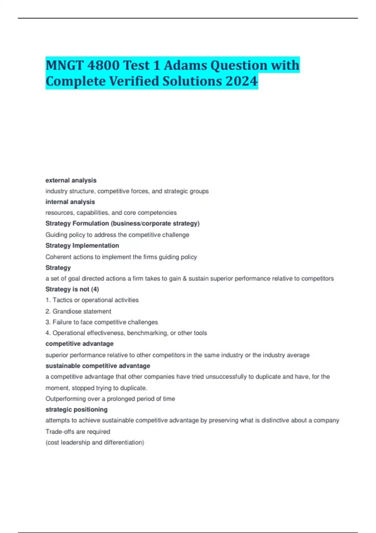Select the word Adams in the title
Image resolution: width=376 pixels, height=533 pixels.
click(x=185, y=66)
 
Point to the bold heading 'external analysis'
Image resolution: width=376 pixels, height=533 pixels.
click(x=71, y=180)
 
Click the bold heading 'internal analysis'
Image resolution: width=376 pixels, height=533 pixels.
click(x=70, y=202)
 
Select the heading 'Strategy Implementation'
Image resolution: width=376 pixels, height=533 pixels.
click(x=82, y=245)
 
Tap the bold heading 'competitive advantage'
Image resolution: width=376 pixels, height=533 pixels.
click(x=80, y=344)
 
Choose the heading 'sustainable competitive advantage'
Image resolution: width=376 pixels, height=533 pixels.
click(x=98, y=366)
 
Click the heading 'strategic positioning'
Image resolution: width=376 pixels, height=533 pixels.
click(x=76, y=409)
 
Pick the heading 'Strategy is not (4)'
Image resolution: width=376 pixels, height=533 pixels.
click(x=72, y=289)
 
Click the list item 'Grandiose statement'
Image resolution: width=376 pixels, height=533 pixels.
click(x=82, y=311)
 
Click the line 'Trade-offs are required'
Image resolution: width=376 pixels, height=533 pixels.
click(x=78, y=431)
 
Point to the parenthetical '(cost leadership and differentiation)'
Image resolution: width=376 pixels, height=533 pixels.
click(x=95, y=442)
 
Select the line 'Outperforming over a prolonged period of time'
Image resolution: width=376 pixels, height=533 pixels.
click(x=110, y=399)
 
